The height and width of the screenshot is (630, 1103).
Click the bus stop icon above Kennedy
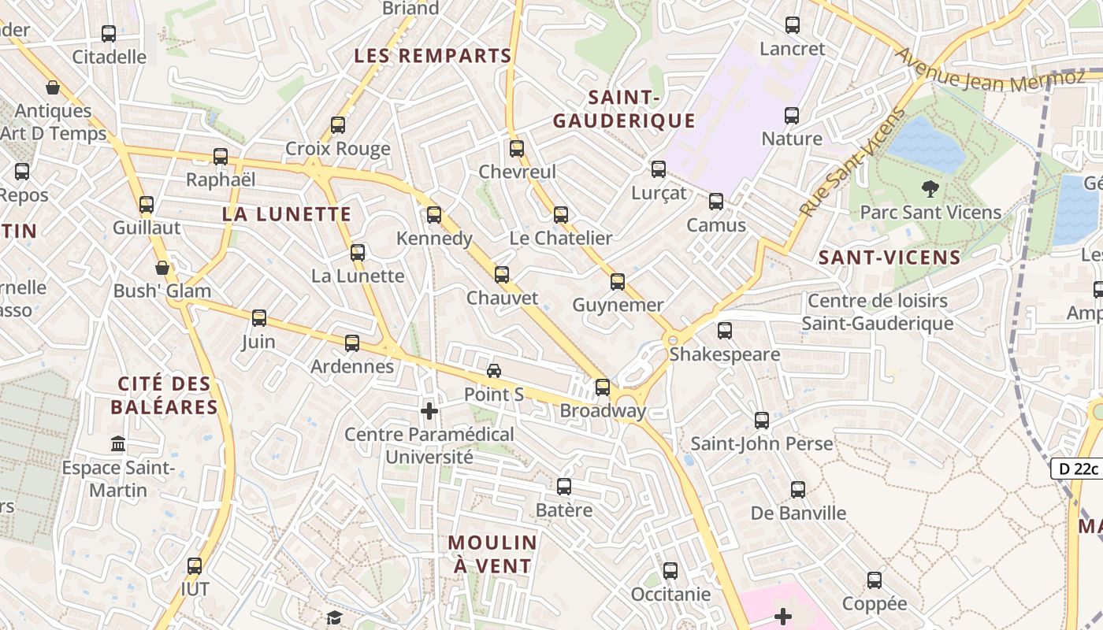[x=433, y=215]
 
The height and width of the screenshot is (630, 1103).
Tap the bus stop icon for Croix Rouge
[x=338, y=125]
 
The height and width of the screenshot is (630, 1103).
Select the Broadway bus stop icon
[x=603, y=387]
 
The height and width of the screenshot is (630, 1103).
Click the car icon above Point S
[x=494, y=371]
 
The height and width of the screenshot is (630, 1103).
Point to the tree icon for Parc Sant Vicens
[x=930, y=189]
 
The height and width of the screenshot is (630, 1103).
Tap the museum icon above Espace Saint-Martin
[x=118, y=444]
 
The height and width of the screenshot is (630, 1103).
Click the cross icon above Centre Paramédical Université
[x=429, y=411]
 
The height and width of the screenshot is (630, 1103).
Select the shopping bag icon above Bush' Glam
[x=162, y=268]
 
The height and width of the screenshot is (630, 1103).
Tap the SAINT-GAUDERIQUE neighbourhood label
[x=624, y=109]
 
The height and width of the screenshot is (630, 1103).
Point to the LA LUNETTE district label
[x=287, y=214]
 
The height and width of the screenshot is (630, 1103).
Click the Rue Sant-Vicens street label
[x=853, y=161]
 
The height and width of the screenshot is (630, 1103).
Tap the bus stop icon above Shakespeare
[x=725, y=331]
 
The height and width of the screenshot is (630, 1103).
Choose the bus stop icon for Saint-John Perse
[x=762, y=421]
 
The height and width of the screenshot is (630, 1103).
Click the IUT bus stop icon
[x=195, y=566]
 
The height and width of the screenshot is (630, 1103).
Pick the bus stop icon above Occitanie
[x=670, y=571]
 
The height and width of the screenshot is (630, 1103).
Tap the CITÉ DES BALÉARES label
[x=164, y=395]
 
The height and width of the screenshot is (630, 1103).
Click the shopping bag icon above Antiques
[x=53, y=87]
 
